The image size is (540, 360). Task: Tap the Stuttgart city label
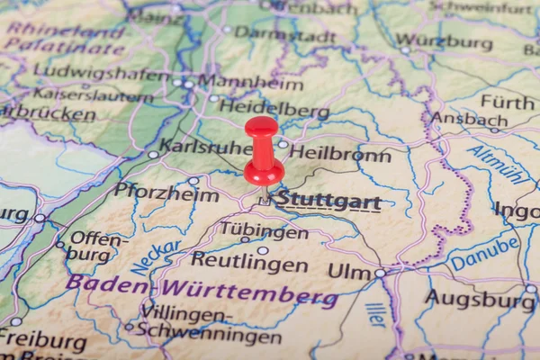coord(328,200)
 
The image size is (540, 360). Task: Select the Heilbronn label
coord(340,154)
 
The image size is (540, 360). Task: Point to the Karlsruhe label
coord(205,146)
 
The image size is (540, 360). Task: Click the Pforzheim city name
coord(166,192)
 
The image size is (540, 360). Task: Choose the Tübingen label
coord(265,230)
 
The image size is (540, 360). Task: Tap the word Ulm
coord(349,270)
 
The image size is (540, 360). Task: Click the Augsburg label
coord(480,299)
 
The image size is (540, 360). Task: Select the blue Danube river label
coord(484,253)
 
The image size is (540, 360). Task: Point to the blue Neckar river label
coord(156,257)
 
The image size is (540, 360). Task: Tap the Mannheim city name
coord(249,84)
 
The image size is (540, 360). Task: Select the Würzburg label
coord(444,41)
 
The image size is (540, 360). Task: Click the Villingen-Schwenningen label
coord(210,326)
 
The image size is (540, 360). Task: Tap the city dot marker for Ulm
coord(380,272)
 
